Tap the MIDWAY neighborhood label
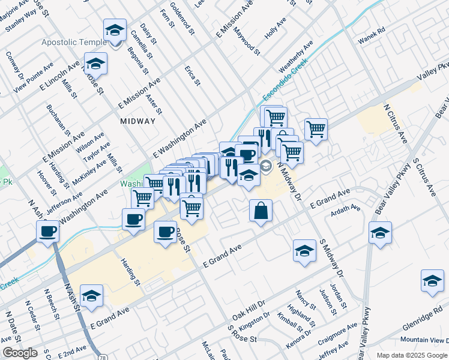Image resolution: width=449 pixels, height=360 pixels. (x=137, y=121)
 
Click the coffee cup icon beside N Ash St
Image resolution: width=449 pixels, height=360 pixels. (x=47, y=230)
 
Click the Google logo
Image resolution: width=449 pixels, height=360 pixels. (x=20, y=353)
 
